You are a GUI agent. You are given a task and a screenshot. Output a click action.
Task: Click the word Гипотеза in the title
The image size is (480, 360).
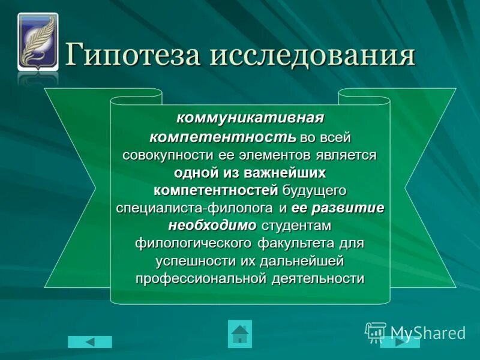133,56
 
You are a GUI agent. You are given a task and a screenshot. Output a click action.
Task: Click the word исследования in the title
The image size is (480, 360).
313,56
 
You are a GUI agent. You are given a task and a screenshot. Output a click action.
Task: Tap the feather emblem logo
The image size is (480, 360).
38,41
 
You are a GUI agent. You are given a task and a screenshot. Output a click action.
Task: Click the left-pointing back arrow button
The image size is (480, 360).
90,341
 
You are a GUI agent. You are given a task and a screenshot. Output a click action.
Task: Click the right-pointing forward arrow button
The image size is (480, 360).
400,341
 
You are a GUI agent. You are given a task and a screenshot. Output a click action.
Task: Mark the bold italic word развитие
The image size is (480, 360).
348,208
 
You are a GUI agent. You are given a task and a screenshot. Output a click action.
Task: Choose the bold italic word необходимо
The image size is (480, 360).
212,226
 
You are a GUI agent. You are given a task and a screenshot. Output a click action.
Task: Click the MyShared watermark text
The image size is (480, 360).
427,332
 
